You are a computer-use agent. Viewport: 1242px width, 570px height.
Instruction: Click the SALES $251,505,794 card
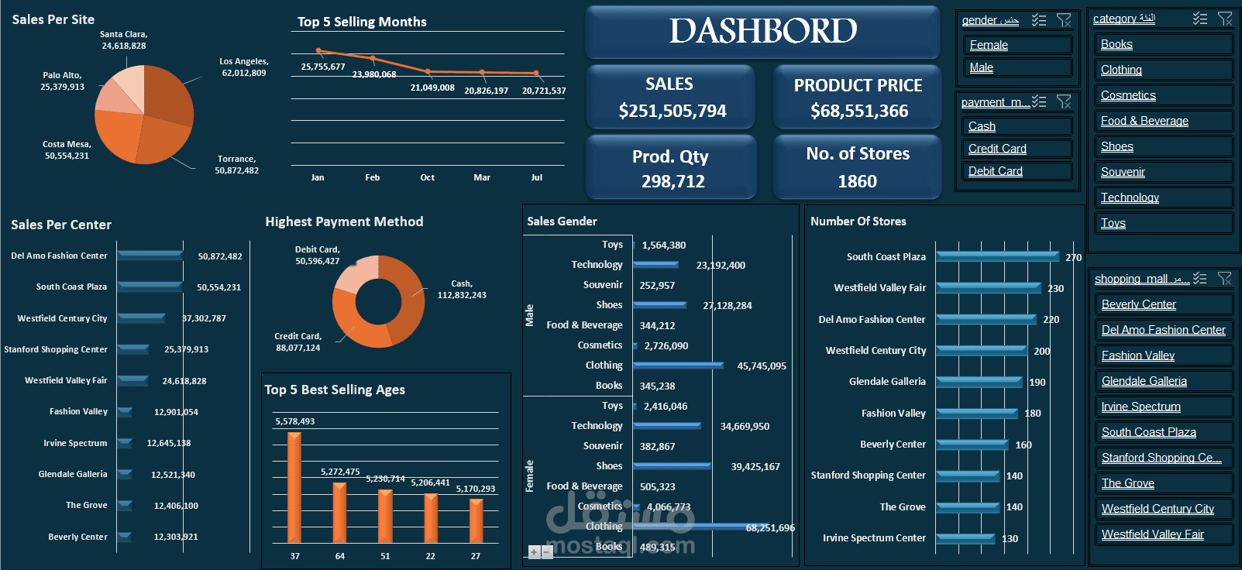point(670,98)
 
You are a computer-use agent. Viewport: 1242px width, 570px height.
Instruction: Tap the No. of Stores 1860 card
point(857,167)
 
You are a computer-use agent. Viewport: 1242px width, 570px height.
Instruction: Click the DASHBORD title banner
point(762,32)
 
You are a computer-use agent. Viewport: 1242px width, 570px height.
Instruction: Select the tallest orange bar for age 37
point(294,488)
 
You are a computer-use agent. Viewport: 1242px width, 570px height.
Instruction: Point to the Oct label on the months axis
point(427,177)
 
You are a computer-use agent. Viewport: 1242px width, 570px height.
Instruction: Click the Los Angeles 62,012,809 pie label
point(243,67)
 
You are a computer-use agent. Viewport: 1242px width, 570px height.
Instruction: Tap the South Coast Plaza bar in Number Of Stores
point(996,256)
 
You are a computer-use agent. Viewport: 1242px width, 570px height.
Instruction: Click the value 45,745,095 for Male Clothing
point(761,366)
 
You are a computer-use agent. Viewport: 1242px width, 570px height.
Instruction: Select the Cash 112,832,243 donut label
point(462,290)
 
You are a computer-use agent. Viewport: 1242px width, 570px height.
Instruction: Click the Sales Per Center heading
point(61,225)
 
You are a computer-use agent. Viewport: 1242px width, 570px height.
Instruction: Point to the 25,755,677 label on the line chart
point(322,67)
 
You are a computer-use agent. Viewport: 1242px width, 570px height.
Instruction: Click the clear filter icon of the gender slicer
point(1064,20)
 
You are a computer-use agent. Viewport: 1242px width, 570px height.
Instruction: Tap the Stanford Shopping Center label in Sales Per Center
point(56,349)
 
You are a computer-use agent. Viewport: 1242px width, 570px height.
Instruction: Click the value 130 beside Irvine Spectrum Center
point(1010,539)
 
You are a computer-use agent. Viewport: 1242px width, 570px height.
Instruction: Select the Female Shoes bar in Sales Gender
point(672,466)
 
